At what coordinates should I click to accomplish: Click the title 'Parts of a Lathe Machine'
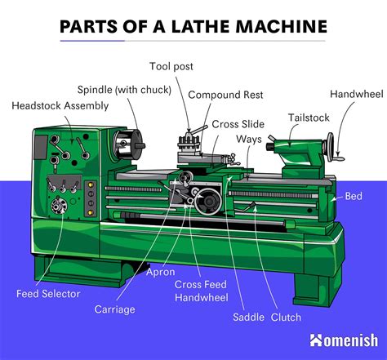[x=193, y=27]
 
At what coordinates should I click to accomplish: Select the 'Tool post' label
[x=172, y=66]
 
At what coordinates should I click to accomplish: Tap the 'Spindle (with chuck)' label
[x=124, y=89]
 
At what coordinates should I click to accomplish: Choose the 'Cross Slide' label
[x=238, y=123]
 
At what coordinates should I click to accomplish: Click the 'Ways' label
[x=249, y=140]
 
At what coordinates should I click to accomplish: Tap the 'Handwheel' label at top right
[x=356, y=94]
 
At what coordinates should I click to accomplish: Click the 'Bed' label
[x=354, y=197]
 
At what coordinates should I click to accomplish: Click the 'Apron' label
[x=161, y=273]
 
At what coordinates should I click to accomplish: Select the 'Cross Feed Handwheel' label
[x=201, y=291]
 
